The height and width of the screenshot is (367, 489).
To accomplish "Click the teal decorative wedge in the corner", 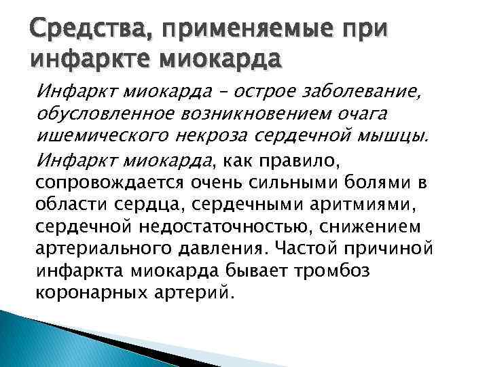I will click(x=41, y=340).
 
